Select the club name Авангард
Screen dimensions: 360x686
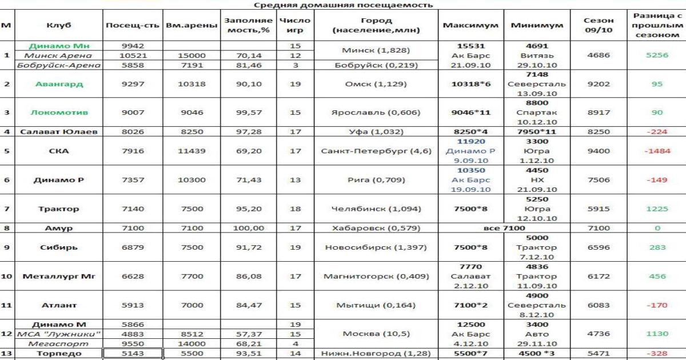tap(59, 84)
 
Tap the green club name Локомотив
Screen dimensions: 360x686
tap(59, 113)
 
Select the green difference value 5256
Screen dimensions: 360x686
tap(657, 55)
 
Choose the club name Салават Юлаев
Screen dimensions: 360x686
tap(59, 132)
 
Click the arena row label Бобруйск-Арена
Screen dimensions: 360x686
tap(59, 65)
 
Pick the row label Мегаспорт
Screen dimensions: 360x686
tap(59, 344)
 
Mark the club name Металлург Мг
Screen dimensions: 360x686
tap(59, 277)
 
